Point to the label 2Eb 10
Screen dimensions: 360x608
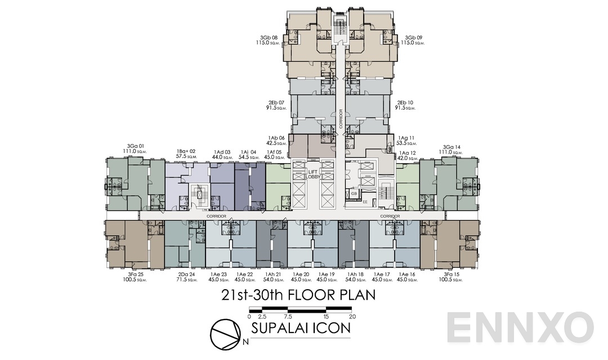click(406, 103)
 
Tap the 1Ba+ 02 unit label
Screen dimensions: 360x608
click(186, 151)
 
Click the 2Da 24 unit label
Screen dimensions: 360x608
click(185, 274)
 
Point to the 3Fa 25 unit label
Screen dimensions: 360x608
click(134, 274)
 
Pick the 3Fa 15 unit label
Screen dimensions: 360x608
click(452, 274)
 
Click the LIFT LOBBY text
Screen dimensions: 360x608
click(312, 174)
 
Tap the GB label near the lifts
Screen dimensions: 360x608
click(354, 193)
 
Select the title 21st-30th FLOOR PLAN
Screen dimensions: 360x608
click(298, 295)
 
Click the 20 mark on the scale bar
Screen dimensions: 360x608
click(352, 316)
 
